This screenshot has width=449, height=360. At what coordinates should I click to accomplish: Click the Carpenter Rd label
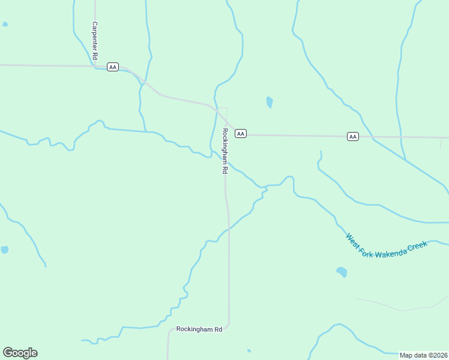(95, 41)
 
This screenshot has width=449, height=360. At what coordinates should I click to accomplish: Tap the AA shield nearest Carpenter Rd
(113, 67)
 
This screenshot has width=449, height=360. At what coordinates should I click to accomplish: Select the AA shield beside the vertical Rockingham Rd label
(241, 133)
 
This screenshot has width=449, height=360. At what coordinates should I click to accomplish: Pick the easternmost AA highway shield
(353, 137)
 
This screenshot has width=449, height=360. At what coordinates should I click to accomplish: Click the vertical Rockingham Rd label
(224, 151)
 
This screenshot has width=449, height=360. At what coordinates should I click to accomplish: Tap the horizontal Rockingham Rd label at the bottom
(199, 329)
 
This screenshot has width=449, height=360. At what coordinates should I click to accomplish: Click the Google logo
(20, 353)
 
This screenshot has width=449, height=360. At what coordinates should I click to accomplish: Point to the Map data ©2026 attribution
(424, 355)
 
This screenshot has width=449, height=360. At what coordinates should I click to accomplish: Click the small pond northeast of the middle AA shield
(270, 102)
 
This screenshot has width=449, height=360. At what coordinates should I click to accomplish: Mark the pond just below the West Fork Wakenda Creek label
(342, 272)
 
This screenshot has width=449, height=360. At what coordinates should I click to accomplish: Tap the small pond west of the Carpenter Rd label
(5, 25)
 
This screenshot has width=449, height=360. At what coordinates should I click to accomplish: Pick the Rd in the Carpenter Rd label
(95, 56)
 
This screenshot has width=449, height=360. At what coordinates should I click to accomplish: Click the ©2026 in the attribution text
(438, 355)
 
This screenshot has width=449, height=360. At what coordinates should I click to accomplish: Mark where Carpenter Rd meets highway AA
(95, 66)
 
